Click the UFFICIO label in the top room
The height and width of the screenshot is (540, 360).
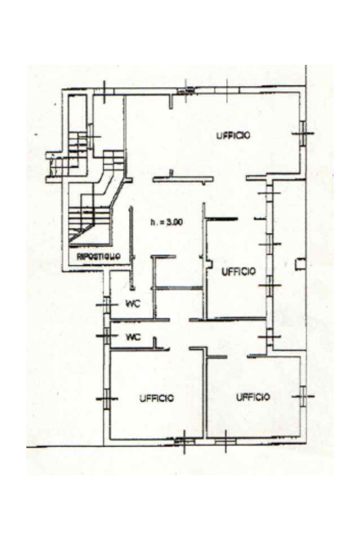233,136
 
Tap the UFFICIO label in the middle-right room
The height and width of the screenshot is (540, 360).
239,272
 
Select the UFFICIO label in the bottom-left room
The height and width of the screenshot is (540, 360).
157,398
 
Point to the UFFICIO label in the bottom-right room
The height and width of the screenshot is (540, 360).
253,397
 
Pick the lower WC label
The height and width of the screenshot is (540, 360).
134,337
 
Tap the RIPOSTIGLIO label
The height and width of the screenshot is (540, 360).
99,256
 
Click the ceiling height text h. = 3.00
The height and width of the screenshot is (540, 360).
166,223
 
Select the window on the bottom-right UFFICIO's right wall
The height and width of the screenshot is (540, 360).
304,396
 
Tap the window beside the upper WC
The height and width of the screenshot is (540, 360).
107,305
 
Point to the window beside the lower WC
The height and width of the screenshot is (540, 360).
107,335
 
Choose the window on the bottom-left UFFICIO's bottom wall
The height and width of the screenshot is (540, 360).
184,439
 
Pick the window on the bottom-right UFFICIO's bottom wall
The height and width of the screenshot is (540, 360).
225,439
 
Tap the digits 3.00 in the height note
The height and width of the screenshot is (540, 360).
173,223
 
